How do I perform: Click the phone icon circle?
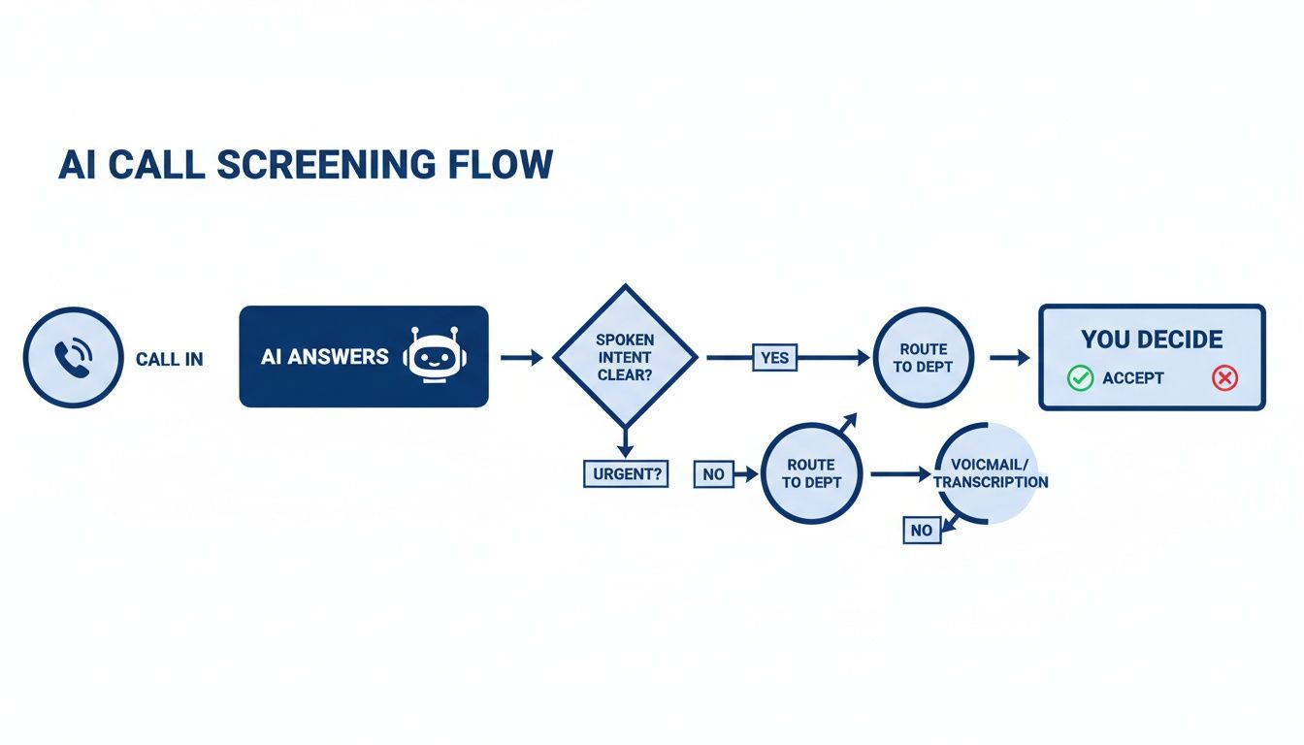(x=73, y=357)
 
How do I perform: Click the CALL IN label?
(x=170, y=360)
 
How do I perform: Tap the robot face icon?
(x=435, y=357)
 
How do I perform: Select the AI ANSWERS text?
(x=325, y=357)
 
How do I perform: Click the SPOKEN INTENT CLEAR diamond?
(x=625, y=357)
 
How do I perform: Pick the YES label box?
(x=774, y=358)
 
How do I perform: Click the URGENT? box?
(x=625, y=473)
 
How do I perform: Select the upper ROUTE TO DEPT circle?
(x=923, y=357)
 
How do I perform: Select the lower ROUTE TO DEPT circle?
(x=811, y=473)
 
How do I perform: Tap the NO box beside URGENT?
(x=713, y=474)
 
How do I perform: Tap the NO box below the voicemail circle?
(x=921, y=530)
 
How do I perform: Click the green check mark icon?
(x=1080, y=378)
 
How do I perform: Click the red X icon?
(x=1224, y=378)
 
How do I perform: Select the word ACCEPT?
(x=1132, y=378)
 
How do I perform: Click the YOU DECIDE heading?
(x=1152, y=340)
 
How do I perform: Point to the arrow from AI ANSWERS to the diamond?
(x=522, y=358)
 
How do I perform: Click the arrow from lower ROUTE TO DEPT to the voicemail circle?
(x=899, y=474)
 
